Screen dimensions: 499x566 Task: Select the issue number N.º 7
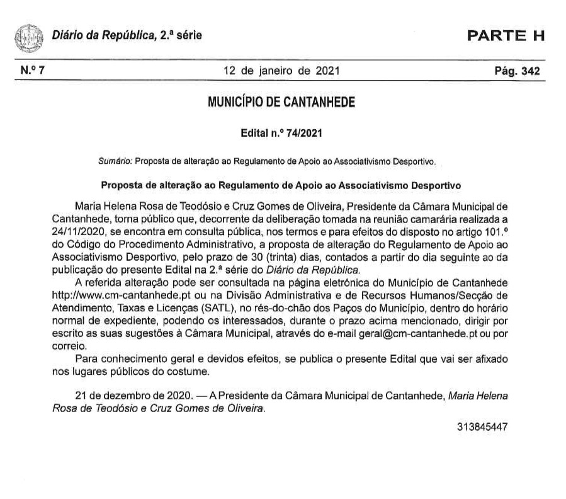[32, 71]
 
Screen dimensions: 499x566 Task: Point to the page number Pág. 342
[518, 71]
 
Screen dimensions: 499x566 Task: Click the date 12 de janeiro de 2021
[281, 71]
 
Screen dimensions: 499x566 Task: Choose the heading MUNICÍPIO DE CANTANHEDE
[281, 101]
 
